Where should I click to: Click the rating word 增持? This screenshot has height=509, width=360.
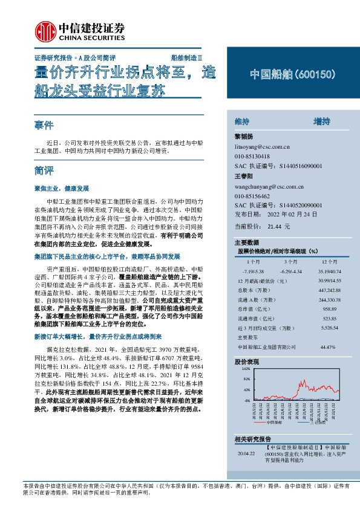[x=321, y=122]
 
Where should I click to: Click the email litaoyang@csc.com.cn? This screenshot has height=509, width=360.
[x=262, y=147]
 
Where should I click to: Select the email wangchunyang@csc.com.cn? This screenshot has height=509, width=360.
[x=268, y=188]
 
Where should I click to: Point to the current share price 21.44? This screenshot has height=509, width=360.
[x=275, y=225]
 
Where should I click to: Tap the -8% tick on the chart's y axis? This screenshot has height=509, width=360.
[x=246, y=400]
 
